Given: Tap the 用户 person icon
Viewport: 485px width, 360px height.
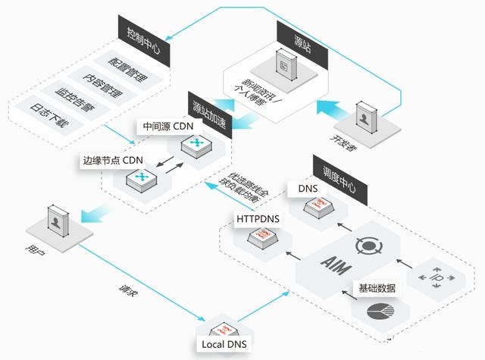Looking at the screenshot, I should click(x=56, y=222).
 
